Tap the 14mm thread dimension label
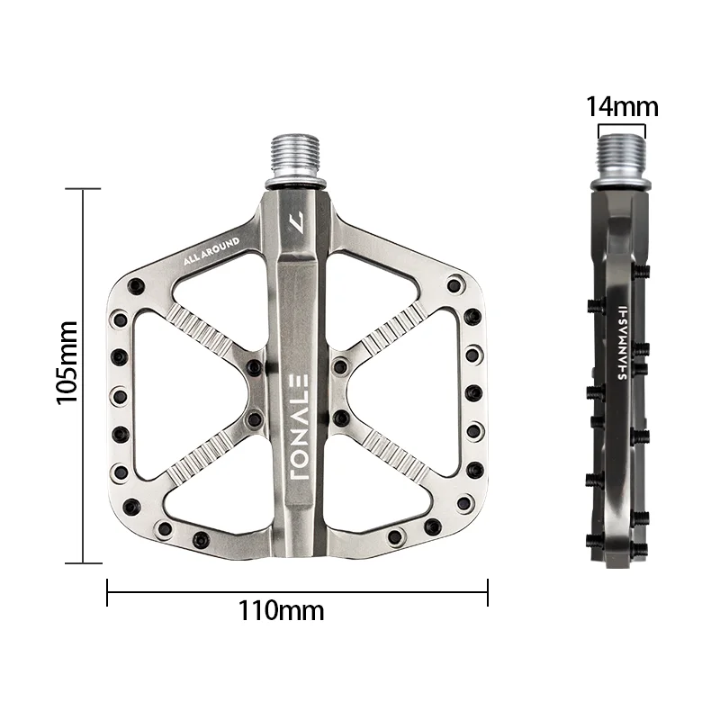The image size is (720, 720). click(622, 107)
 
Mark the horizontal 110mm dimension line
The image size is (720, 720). click(297, 591)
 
